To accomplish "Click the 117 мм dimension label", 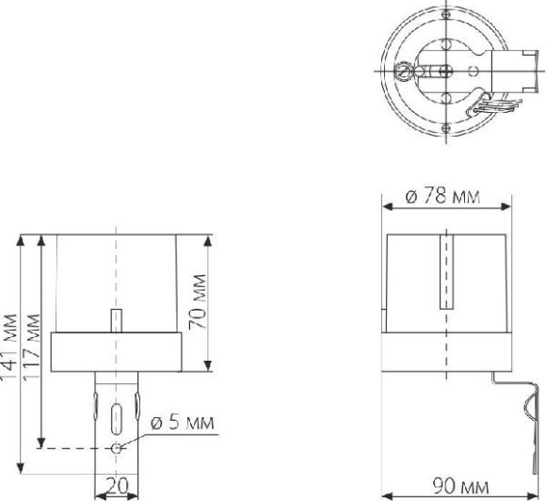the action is [32, 347].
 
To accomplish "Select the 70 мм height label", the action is [198, 301].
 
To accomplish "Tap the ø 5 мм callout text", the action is [183, 422].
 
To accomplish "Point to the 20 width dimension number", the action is [117, 485].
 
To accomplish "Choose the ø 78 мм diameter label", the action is [443, 196].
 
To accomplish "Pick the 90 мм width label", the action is [460, 486].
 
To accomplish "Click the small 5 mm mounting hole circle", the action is [116, 448].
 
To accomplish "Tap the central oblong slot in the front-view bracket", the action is [116, 419].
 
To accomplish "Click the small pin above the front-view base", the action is [116, 320].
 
